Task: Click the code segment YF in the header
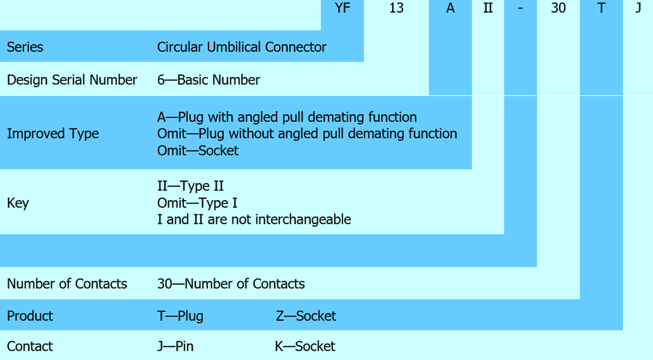pos(342,9)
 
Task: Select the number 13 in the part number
pos(397,9)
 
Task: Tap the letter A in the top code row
pos(450,9)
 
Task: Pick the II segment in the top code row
pos(488,9)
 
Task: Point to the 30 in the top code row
pos(558,9)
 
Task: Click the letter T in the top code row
pos(601,9)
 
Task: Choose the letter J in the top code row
pos(638,9)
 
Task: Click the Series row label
pos(25,47)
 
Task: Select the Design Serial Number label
pos(72,80)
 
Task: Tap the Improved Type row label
pos(53,133)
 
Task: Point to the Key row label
pos(18,203)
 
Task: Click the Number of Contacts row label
pos(67,283)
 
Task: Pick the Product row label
pos(30,315)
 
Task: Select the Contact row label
pos(30,346)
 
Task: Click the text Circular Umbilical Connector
pos(242,47)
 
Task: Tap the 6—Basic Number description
pos(208,80)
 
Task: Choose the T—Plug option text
pos(180,315)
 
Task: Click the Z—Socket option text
pos(306,315)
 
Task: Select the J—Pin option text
pos(175,346)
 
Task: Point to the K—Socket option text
pos(305,346)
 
